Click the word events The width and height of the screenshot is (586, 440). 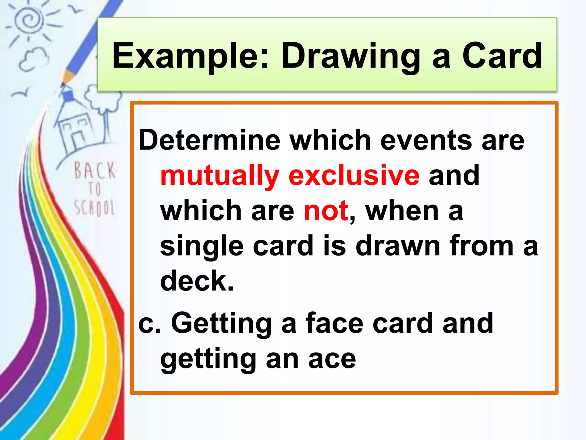(x=426, y=140)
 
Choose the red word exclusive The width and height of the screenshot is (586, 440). (x=354, y=175)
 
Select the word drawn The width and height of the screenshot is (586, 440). (x=398, y=246)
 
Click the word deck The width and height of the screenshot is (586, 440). (x=197, y=281)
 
